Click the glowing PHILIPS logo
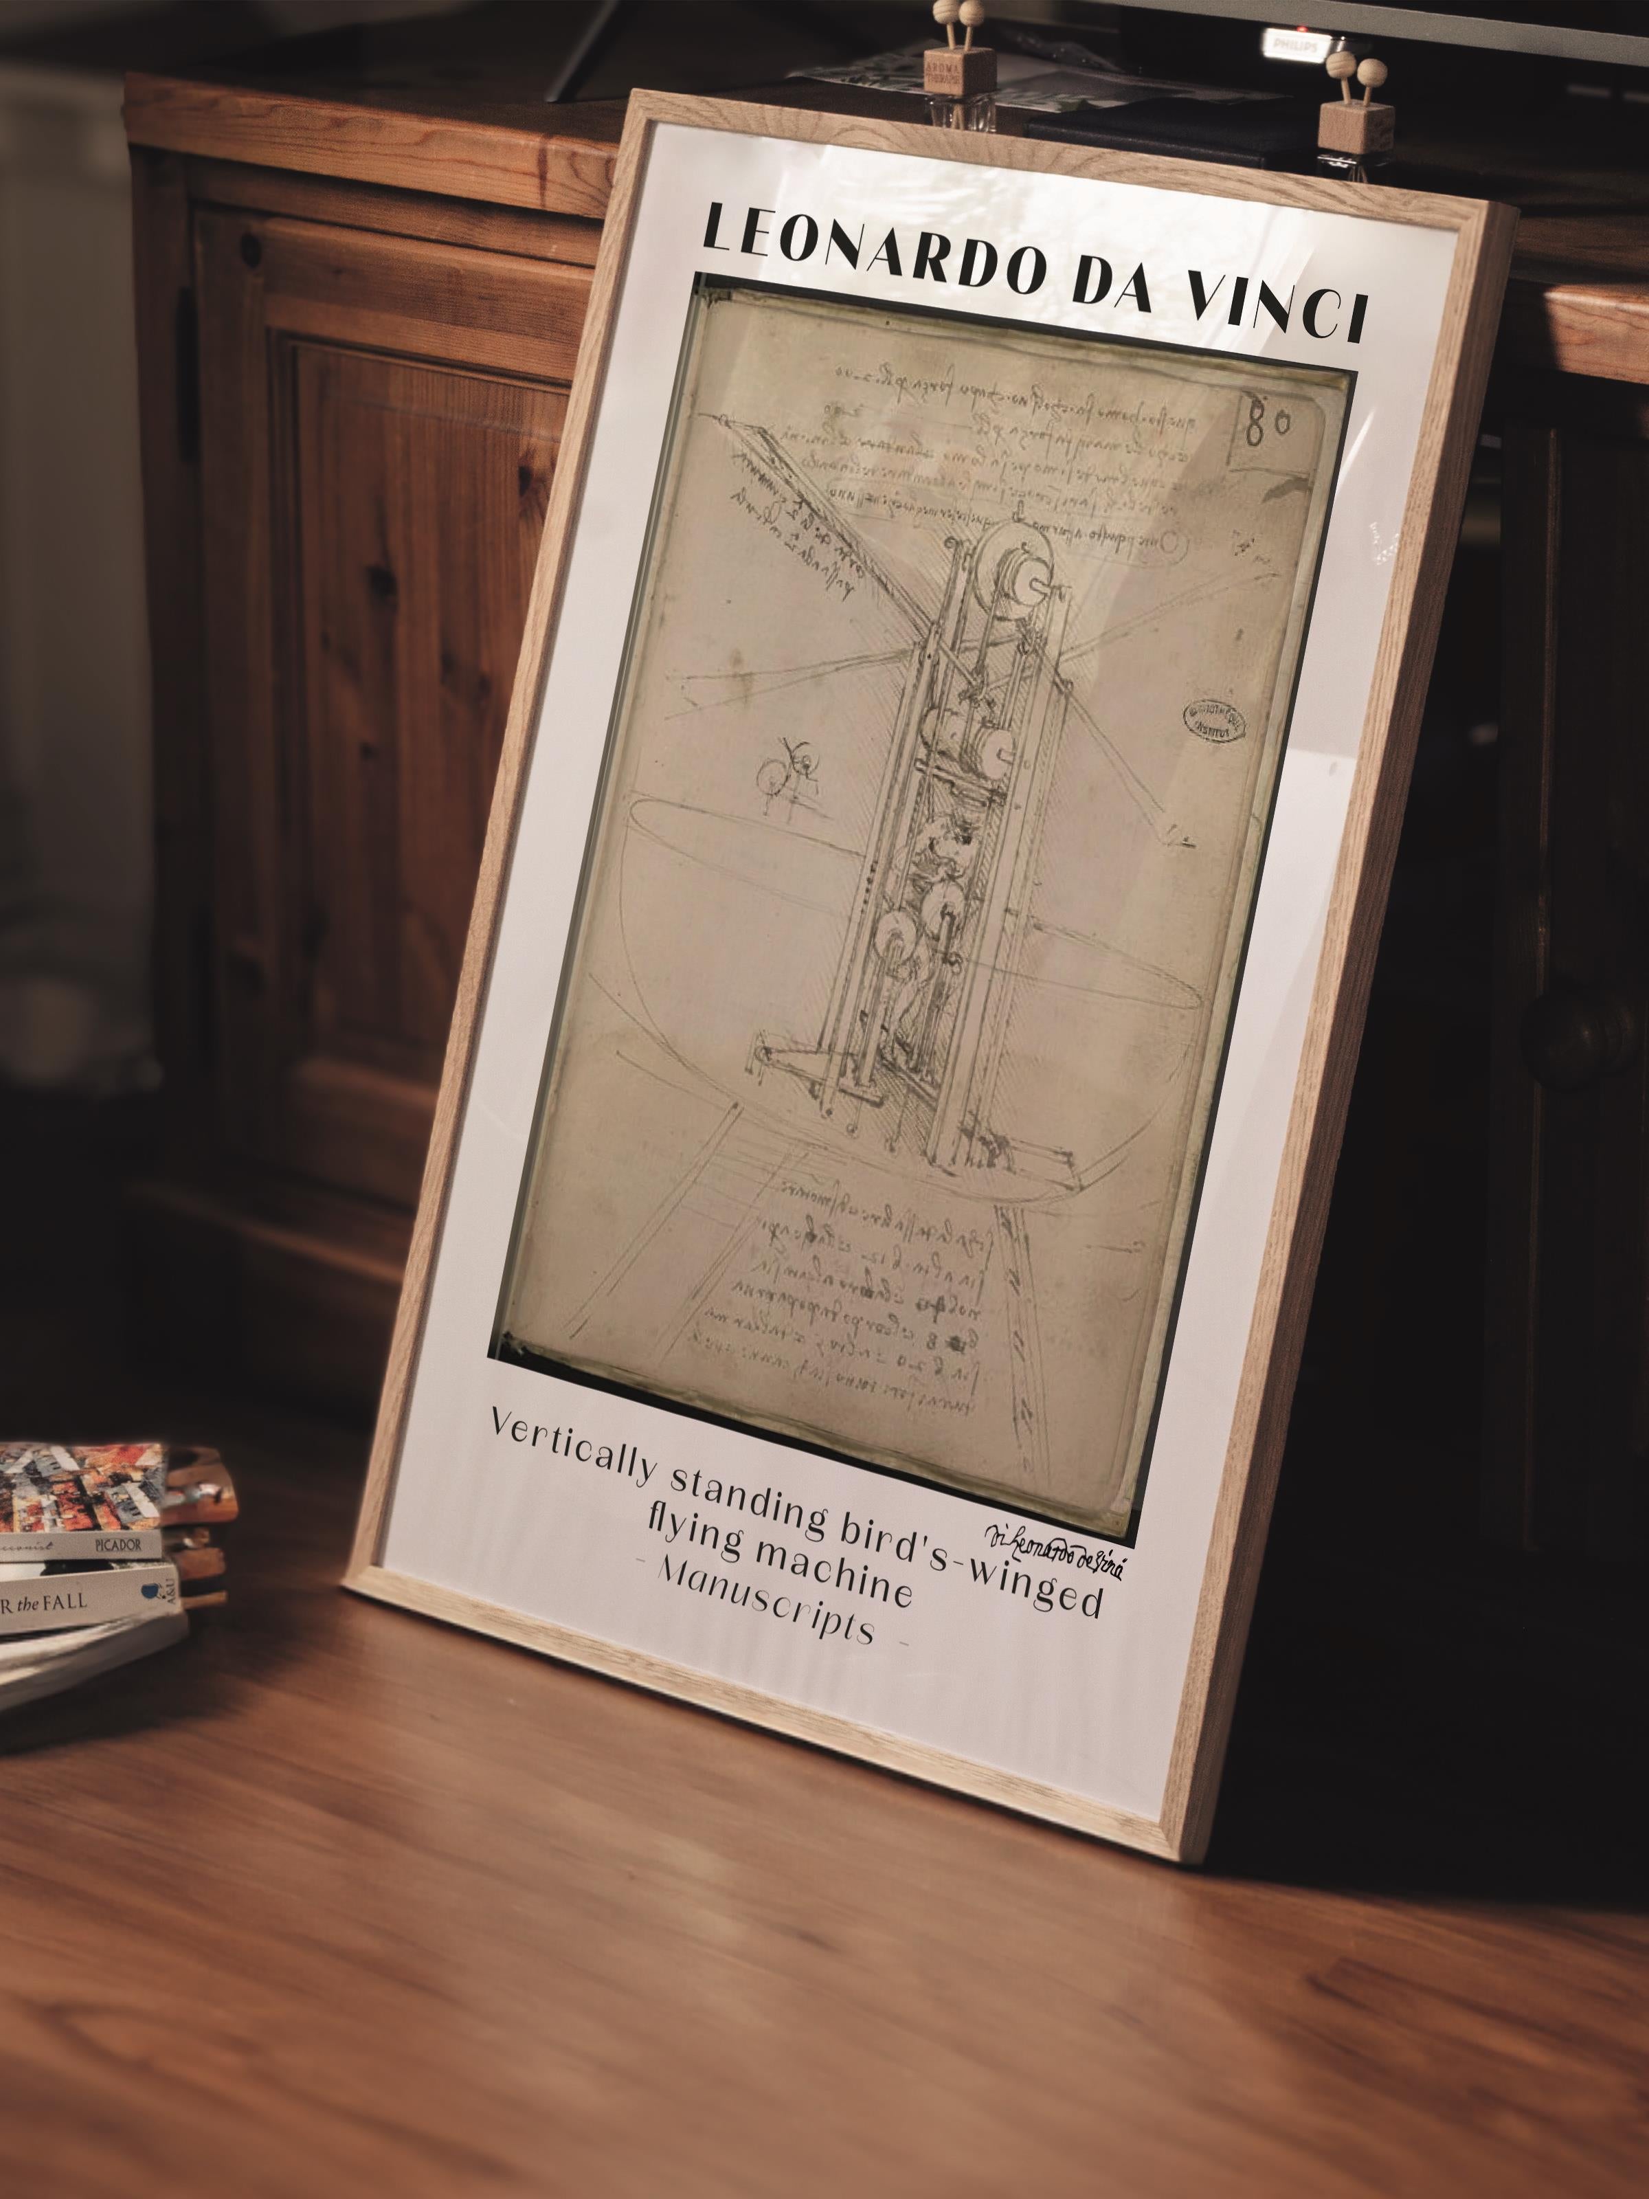1295,46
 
